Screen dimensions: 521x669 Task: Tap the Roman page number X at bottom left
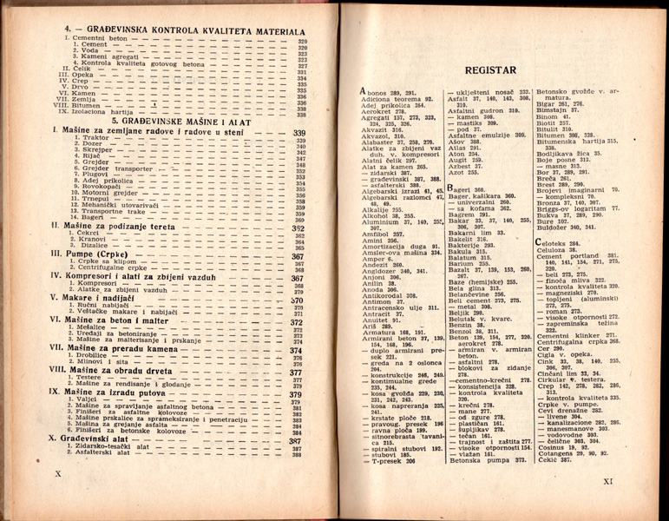[x=58, y=474]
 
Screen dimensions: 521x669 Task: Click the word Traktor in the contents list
[x=98, y=138]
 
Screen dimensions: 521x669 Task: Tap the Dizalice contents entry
[x=94, y=245]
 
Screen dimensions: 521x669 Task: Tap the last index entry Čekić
[x=552, y=461]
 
